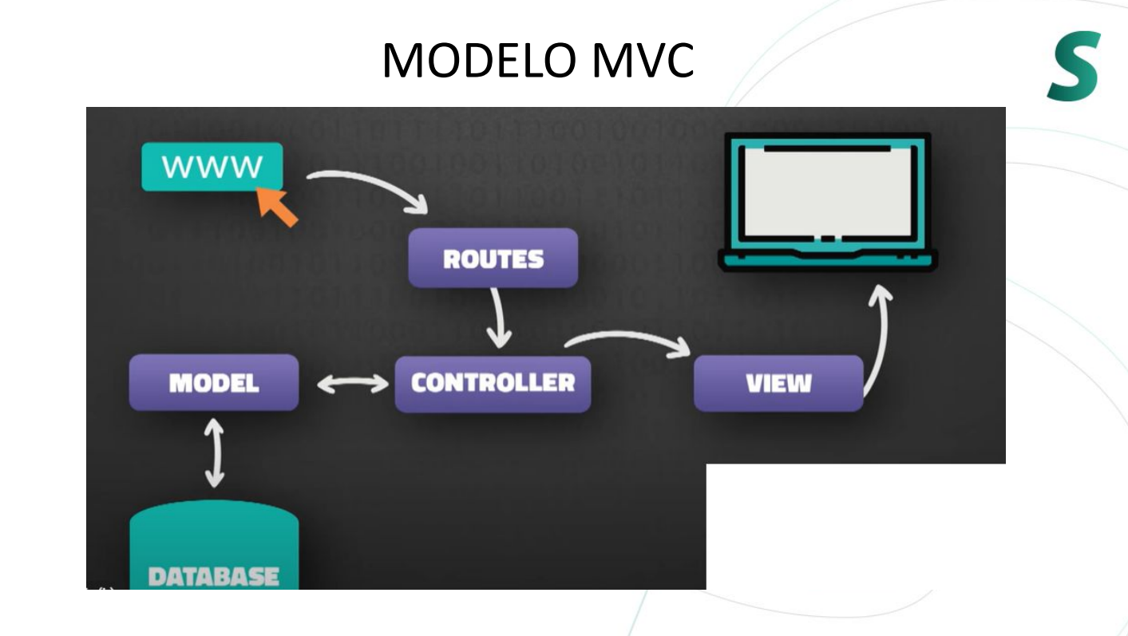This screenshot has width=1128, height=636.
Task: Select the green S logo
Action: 1075,66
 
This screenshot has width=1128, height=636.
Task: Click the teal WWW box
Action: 212,166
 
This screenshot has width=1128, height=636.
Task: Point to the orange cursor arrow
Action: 277,205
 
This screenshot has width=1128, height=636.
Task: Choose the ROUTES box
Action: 493,259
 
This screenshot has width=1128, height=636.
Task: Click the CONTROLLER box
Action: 493,383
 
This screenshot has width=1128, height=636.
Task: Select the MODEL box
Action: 214,383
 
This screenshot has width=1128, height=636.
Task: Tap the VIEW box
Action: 778,384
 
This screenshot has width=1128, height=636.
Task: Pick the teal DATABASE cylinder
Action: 214,543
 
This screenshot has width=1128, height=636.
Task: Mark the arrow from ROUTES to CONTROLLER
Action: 499,318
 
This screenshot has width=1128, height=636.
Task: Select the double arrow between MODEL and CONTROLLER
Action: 352,384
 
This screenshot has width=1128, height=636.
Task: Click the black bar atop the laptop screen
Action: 827,148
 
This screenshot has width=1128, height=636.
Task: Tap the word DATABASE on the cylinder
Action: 214,576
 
